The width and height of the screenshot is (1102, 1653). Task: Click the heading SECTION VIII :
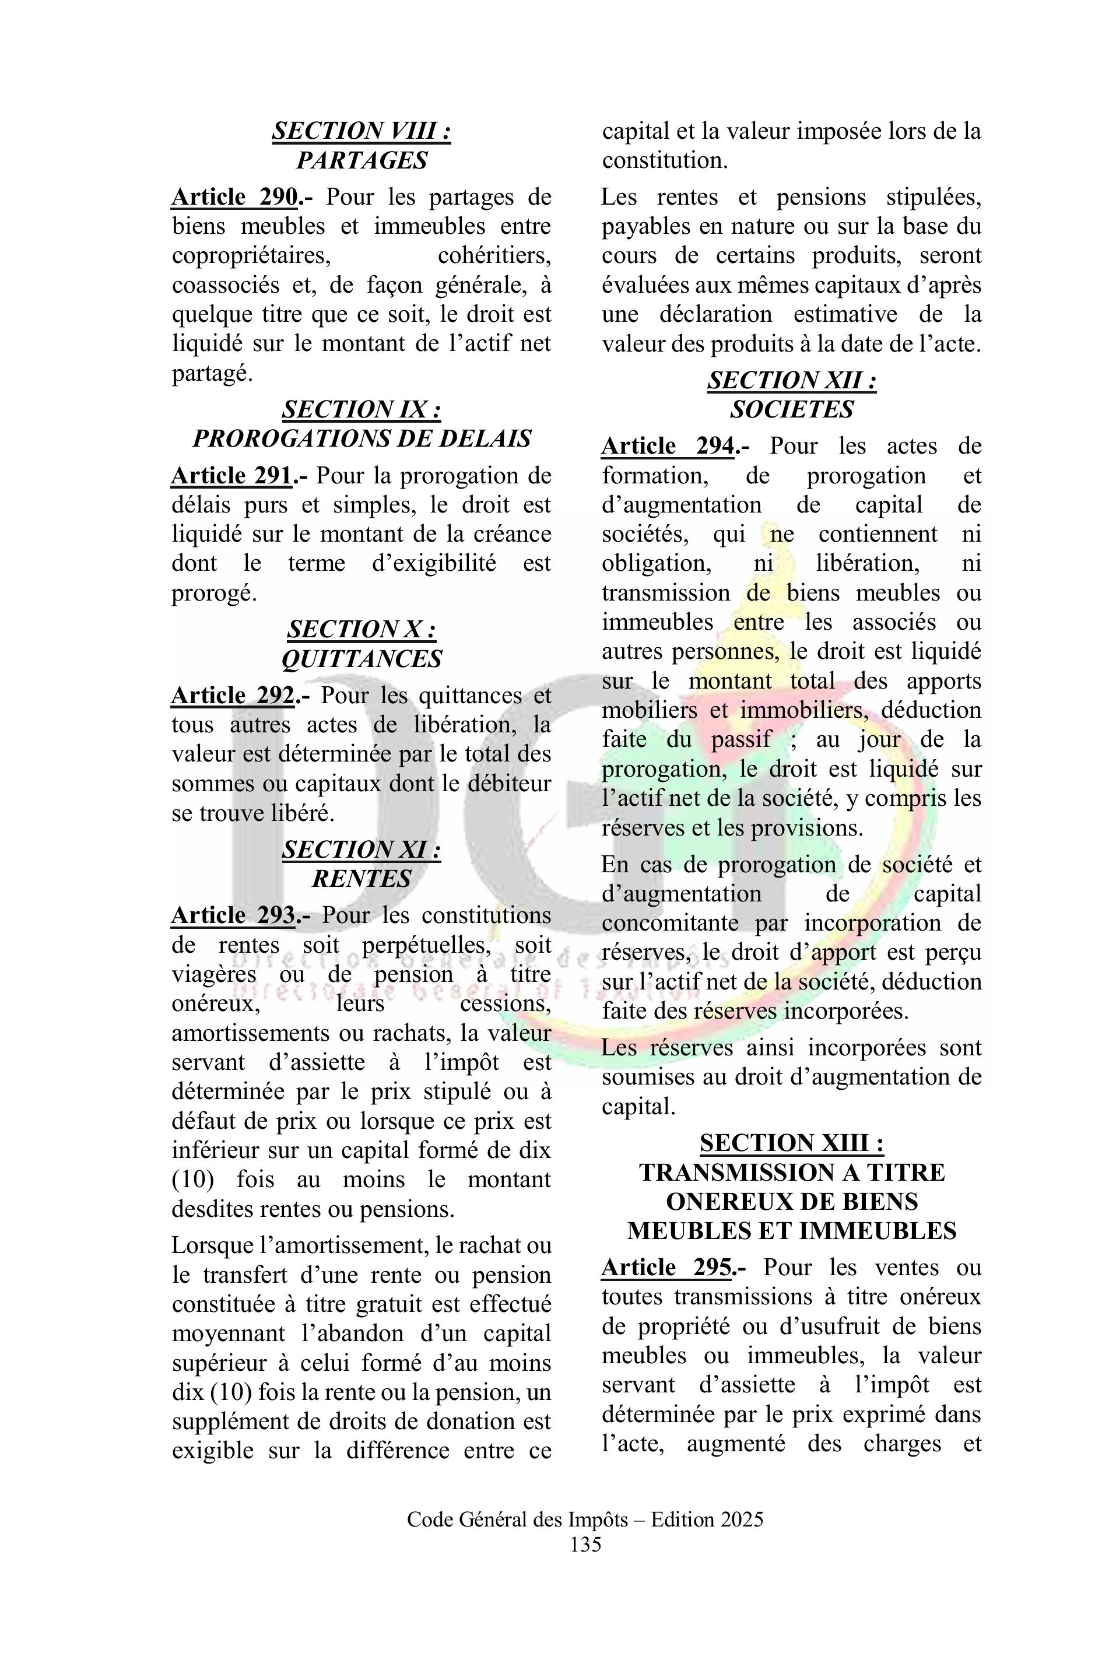pyautogui.click(x=362, y=131)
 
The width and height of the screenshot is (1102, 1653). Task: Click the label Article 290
pyautogui.click(x=234, y=198)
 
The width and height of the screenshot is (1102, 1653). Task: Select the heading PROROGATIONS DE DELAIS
pyautogui.click(x=362, y=439)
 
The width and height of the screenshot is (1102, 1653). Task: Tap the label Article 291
pyautogui.click(x=231, y=476)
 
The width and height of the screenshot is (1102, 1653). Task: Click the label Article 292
pyautogui.click(x=233, y=696)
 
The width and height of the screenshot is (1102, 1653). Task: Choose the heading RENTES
pyautogui.click(x=362, y=879)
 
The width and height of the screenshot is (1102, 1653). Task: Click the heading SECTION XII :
pyautogui.click(x=791, y=381)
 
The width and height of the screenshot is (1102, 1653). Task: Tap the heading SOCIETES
pyautogui.click(x=791, y=410)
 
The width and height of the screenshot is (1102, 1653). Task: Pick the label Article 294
pyautogui.click(x=668, y=446)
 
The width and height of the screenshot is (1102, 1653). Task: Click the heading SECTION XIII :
pyautogui.click(x=791, y=1144)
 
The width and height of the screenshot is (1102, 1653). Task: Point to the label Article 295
pyautogui.click(x=666, y=1268)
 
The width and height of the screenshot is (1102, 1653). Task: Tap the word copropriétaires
pyautogui.click(x=251, y=256)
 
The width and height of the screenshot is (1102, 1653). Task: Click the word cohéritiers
pyautogui.click(x=494, y=256)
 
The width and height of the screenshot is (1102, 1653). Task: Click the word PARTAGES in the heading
pyautogui.click(x=362, y=161)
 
